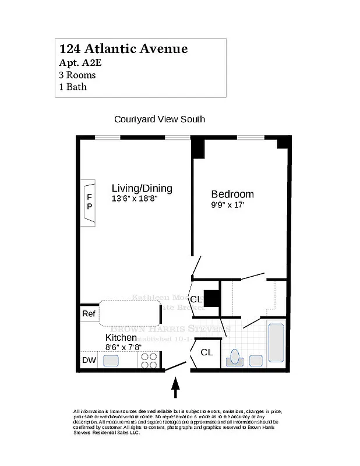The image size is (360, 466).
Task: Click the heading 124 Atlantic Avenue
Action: [x=123, y=49]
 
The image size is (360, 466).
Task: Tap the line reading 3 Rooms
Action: [x=77, y=75]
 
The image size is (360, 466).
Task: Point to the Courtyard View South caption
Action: [x=160, y=119]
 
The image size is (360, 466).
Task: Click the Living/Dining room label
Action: [x=142, y=188]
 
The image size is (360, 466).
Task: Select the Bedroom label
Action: [x=232, y=194]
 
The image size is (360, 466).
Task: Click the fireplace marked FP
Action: [x=89, y=202]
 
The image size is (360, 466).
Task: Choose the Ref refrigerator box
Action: [x=89, y=314]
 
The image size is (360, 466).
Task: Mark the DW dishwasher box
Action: [x=89, y=361]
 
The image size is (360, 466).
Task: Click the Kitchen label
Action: [x=121, y=338]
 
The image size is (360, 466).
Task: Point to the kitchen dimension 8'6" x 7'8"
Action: [x=123, y=347]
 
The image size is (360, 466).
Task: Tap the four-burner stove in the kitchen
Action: [x=150, y=361]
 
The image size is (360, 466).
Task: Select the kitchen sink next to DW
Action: [x=111, y=361]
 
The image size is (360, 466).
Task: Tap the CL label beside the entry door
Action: [x=207, y=352]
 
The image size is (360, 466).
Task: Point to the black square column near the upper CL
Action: [x=212, y=299]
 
